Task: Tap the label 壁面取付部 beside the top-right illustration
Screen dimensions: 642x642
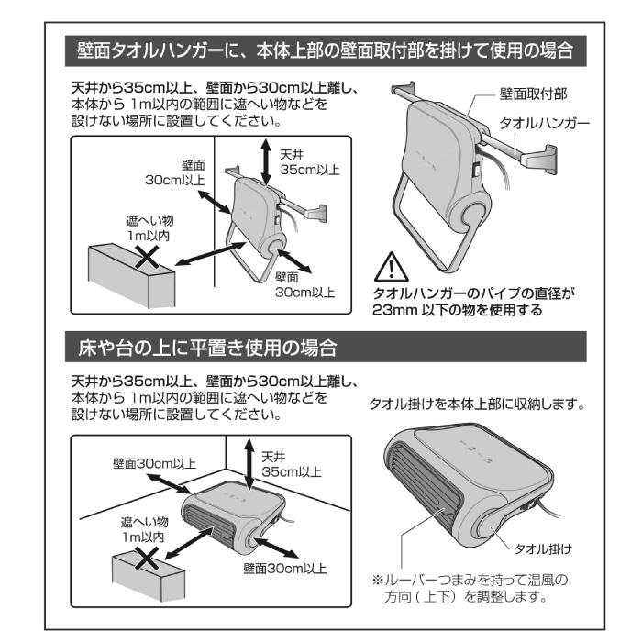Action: point(533,94)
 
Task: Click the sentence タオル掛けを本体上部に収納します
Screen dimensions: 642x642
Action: point(476,404)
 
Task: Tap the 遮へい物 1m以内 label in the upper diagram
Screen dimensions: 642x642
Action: point(149,228)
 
